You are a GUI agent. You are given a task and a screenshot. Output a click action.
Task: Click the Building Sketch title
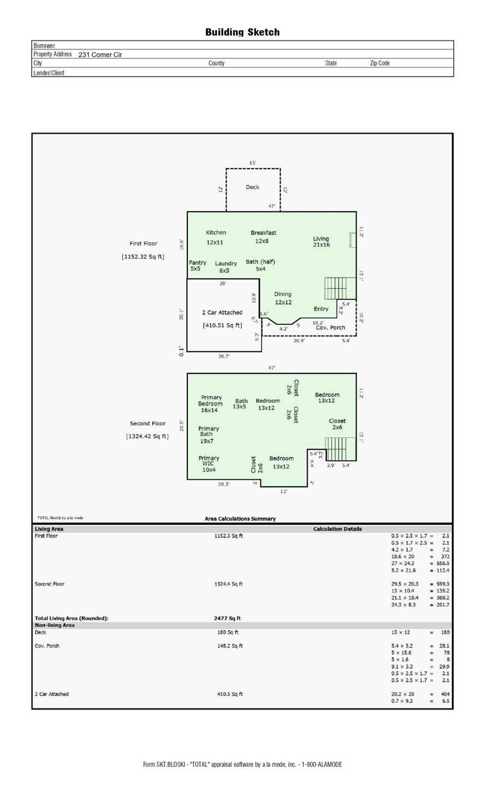(242, 32)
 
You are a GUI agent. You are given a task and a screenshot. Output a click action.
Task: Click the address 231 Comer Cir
(101, 54)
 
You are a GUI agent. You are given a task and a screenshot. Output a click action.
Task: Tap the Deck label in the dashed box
(252, 187)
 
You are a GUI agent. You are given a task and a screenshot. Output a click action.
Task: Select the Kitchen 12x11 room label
(216, 237)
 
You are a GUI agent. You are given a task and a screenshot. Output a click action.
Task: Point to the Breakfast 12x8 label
(263, 237)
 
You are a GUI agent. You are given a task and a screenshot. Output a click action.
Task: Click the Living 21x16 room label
(321, 242)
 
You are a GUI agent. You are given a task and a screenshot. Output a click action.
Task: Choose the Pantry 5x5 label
(197, 266)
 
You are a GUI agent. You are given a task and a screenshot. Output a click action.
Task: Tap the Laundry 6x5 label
(225, 267)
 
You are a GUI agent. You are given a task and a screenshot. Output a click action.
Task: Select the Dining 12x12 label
(283, 298)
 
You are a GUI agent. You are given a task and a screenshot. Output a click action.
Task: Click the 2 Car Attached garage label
(222, 313)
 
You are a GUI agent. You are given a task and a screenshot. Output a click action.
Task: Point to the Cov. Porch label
(331, 328)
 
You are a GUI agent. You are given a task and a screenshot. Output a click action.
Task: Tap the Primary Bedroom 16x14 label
(210, 404)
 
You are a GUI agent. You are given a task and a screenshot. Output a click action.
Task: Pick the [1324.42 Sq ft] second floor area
(147, 436)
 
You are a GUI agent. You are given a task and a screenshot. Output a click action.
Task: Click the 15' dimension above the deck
(252, 163)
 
